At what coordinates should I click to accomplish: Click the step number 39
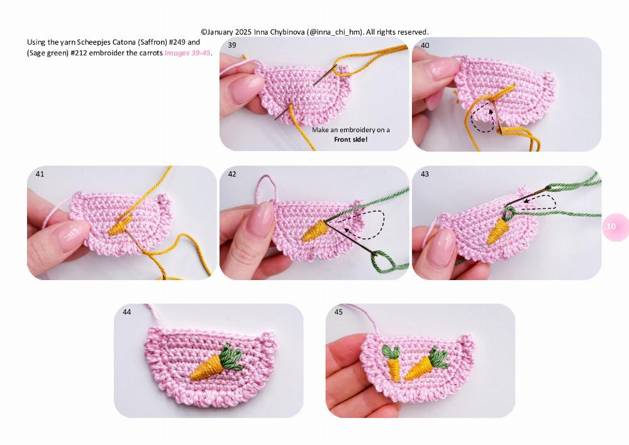[232, 45]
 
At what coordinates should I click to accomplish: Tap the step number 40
[425, 45]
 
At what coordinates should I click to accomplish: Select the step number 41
[40, 174]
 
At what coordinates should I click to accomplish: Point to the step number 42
[232, 174]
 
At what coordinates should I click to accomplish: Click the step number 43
[425, 174]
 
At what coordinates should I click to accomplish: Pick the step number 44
[126, 312]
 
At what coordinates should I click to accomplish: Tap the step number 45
[338, 312]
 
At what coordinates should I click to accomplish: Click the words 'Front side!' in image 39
[350, 139]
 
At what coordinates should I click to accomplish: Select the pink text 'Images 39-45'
[187, 53]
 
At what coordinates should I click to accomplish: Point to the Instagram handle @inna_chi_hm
[335, 31]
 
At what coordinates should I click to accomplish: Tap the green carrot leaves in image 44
[232, 358]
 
